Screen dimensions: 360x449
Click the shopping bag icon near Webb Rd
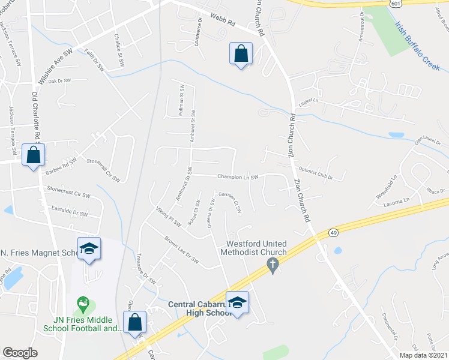241,54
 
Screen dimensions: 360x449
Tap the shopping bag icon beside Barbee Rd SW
34,155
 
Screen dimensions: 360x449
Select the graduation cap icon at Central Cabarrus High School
237,302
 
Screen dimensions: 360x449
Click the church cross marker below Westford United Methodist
273,265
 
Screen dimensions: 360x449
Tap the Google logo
20,353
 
